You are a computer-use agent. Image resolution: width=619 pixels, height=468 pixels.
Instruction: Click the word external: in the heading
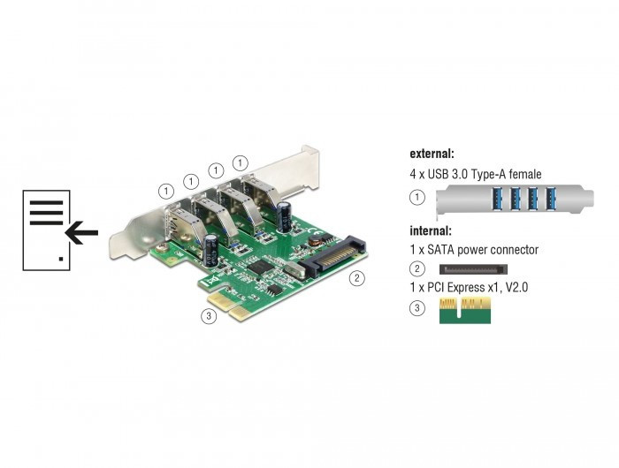[432, 154]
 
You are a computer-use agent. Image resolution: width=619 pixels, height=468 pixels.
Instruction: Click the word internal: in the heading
[431, 230]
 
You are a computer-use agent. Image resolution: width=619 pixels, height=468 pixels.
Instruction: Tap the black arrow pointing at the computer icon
[81, 232]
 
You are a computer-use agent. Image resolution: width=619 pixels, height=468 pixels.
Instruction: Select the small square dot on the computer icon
[61, 259]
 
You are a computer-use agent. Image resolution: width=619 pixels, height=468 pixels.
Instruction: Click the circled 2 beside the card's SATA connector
[357, 278]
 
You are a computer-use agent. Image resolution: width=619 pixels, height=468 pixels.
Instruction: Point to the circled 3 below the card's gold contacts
[209, 316]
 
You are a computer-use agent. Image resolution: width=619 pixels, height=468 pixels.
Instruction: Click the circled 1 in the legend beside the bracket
[417, 197]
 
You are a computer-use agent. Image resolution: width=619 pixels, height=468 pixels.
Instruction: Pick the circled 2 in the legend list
[417, 269]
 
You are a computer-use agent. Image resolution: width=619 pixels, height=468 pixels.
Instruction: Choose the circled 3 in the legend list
[417, 308]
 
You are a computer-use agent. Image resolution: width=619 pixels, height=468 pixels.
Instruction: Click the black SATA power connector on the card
[332, 258]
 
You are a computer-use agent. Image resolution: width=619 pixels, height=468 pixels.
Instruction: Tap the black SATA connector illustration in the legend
[473, 269]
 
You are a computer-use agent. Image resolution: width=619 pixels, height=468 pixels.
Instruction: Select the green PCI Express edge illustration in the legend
[465, 311]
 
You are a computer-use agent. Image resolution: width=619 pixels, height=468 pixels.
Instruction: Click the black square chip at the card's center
[261, 268]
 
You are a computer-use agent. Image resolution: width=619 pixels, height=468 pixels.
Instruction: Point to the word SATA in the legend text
[441, 250]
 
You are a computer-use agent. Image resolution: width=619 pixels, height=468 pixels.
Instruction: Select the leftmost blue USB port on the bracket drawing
[496, 199]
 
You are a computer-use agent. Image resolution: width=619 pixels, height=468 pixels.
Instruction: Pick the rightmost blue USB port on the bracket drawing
[551, 199]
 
